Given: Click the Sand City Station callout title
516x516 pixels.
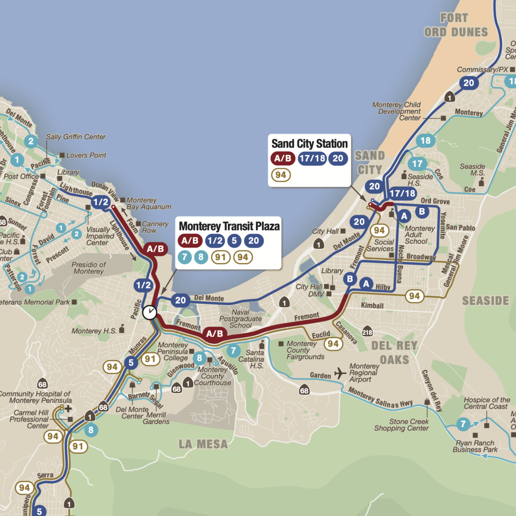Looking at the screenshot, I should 310,143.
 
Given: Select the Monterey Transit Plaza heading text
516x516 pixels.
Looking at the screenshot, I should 229,225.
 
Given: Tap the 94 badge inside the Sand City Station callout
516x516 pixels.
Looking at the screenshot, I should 280,175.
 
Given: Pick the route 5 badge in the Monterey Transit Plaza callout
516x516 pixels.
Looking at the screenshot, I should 234,241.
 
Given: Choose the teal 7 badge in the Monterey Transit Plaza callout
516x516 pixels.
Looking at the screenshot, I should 184,258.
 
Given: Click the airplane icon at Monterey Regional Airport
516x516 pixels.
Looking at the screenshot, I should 340,373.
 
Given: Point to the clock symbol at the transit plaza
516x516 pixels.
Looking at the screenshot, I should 150,312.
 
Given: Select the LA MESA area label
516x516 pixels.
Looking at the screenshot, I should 203,444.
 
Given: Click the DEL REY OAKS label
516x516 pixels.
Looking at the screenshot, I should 394,352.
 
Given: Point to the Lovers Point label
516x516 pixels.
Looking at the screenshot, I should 86,155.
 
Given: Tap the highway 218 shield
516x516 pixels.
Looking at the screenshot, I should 367,333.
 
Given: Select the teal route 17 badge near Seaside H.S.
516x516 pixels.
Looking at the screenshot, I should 417,164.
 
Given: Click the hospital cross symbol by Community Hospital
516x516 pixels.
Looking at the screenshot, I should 68,409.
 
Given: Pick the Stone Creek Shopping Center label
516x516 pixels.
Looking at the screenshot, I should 402,425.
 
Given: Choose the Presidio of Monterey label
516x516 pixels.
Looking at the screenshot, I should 88,268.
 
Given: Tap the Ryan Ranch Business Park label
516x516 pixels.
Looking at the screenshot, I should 475,446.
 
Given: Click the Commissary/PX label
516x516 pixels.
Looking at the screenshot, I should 483,70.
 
